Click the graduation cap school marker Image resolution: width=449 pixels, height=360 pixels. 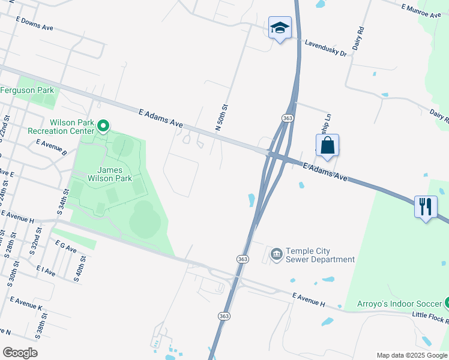[x=280, y=28]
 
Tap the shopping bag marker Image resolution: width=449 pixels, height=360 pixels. [x=327, y=145]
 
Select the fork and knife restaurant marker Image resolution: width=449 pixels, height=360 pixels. [x=426, y=207]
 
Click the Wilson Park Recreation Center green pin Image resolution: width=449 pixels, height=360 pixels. [x=103, y=126]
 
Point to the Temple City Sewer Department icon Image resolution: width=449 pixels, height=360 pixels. [x=276, y=255]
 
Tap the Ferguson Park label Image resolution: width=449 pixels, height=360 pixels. [x=27, y=91]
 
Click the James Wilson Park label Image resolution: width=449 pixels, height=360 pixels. [x=110, y=173]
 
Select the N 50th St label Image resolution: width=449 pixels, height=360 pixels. [x=222, y=117]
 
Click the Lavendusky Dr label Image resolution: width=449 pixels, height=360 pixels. [x=326, y=49]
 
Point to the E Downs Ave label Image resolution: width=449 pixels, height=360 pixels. [x=35, y=23]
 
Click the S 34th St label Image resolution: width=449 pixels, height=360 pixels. [x=61, y=205]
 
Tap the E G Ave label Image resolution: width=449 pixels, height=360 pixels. [x=65, y=246]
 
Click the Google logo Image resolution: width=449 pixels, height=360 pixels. [x=20, y=353]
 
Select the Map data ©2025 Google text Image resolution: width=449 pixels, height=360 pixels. [x=412, y=355]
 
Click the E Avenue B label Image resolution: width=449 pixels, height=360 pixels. [x=52, y=148]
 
